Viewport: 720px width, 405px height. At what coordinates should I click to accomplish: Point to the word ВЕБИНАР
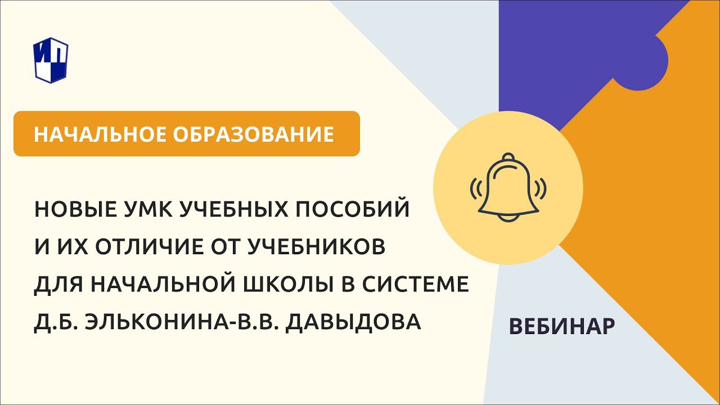click(561, 327)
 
